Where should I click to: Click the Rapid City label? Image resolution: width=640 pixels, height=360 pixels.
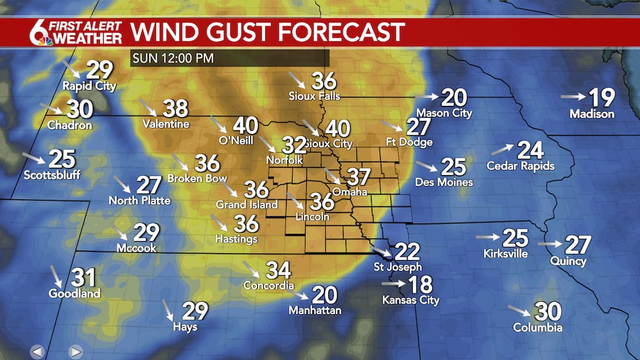tap(89, 86)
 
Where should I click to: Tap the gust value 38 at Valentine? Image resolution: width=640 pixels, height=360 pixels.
tap(175, 108)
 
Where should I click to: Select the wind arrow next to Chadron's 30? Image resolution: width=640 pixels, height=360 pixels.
tap(50, 108)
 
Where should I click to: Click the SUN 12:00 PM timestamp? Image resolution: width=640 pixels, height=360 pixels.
tap(172, 58)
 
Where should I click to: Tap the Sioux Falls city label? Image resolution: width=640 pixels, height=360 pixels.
tap(315, 95)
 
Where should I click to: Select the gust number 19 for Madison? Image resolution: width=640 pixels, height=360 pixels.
tap(601, 98)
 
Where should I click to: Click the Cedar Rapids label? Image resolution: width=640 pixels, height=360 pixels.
tap(520, 166)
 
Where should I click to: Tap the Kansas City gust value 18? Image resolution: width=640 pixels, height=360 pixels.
tap(420, 284)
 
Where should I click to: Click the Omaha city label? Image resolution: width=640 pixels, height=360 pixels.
tap(349, 192)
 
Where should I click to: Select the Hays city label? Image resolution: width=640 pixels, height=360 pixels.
tap(185, 327)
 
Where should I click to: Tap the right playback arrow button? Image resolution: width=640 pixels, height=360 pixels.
tap(76, 352)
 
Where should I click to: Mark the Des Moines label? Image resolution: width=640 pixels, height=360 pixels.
tap(446, 182)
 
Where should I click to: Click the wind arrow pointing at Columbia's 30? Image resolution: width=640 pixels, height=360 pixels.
tap(519, 310)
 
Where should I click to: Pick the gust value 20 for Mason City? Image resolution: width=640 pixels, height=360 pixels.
tap(453, 98)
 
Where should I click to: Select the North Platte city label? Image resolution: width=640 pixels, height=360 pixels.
tap(139, 201)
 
